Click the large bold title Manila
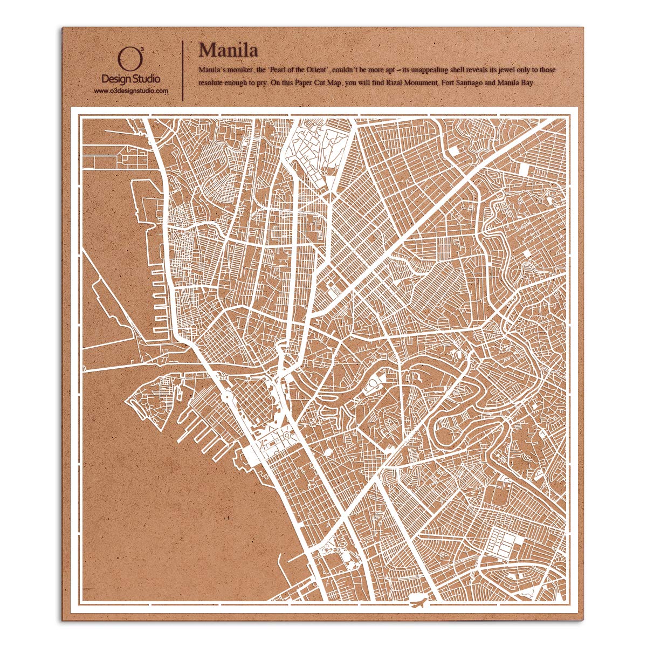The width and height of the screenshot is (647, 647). point(228,50)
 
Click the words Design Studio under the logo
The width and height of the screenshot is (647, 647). point(130,80)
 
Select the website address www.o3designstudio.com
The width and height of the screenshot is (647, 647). point(131,91)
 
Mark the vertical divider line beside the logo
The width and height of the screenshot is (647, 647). point(184,70)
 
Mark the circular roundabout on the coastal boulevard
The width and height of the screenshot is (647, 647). point(226,398)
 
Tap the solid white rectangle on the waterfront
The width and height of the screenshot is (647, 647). point(252,456)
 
